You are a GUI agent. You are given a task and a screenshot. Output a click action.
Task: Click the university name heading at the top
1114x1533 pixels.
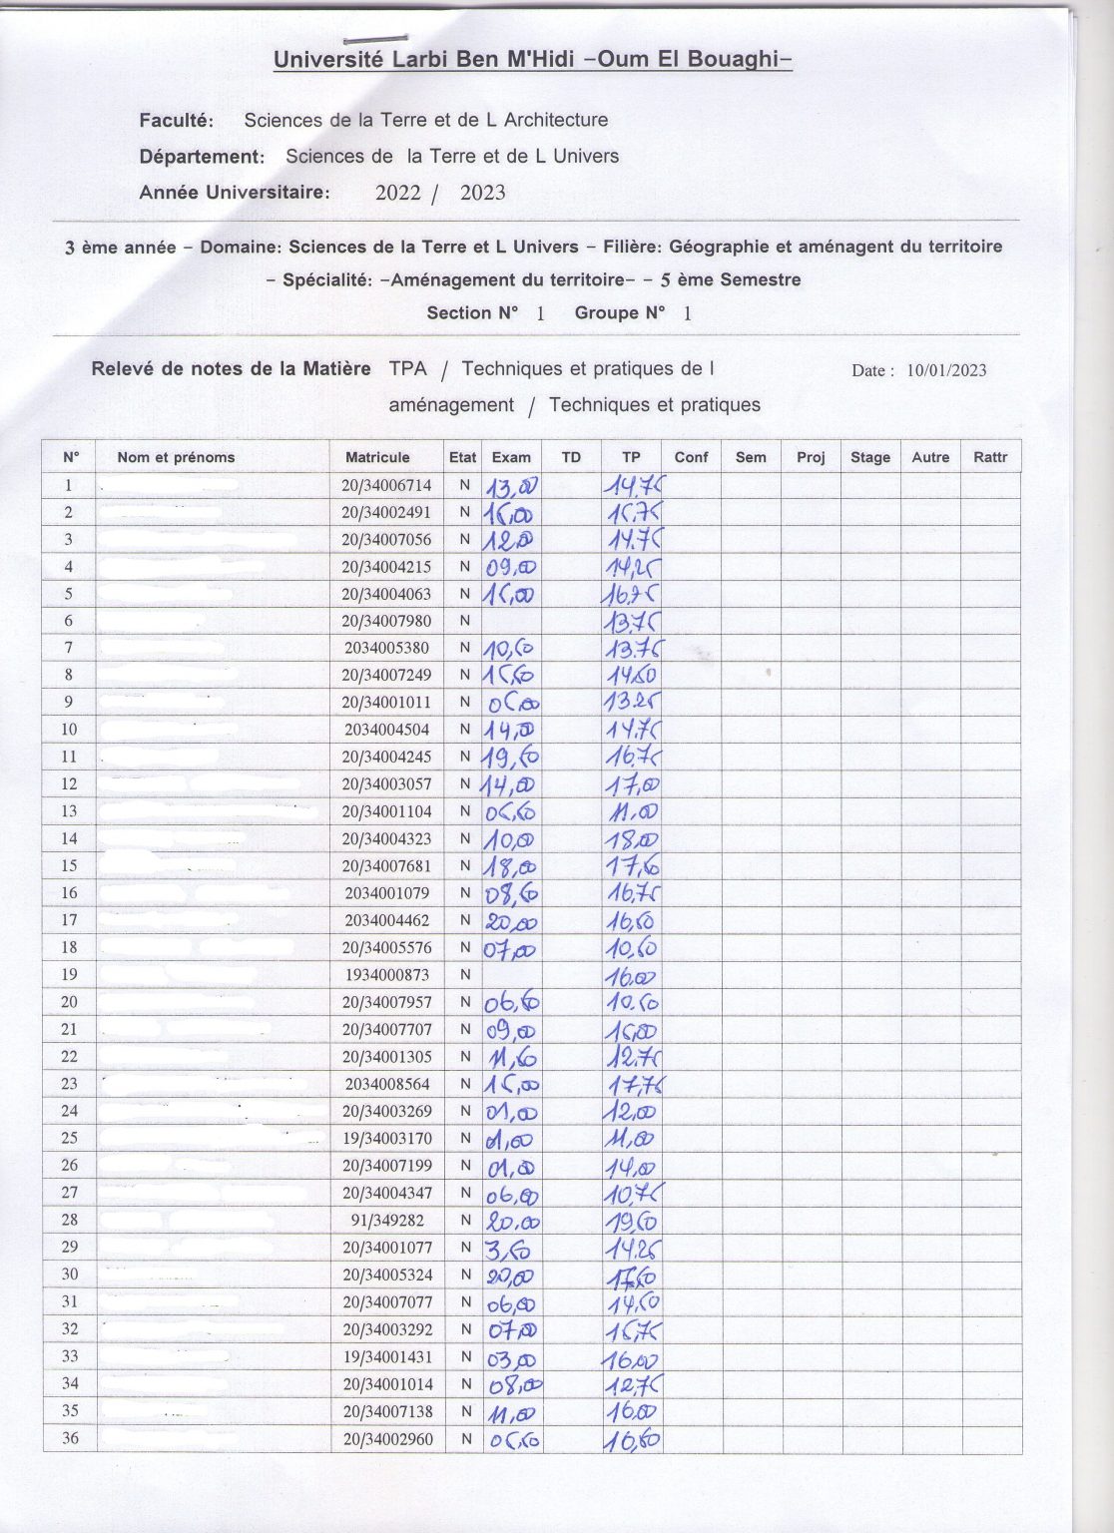pos(533,60)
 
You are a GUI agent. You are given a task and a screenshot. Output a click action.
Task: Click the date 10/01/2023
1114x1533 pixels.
pos(946,371)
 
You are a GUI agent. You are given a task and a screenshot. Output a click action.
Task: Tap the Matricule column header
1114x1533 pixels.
pos(377,458)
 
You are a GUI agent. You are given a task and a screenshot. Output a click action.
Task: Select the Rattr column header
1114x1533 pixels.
pos(990,458)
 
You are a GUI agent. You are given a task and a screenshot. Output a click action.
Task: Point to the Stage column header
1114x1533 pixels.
pos(869,458)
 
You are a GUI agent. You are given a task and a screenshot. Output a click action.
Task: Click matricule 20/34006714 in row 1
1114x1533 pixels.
pos(386,485)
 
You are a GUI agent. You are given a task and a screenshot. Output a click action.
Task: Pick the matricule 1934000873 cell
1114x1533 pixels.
pos(386,975)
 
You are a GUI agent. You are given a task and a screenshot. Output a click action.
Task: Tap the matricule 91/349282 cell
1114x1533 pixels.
pos(386,1221)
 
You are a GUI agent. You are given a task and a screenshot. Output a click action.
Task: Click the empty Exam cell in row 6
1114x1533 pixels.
pos(512,621)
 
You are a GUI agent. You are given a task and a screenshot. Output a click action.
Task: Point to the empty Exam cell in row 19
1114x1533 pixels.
pos(512,975)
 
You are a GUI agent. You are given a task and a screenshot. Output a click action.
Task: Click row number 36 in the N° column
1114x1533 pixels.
pos(69,1438)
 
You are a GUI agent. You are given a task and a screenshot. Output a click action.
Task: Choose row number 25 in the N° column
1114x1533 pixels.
pos(69,1139)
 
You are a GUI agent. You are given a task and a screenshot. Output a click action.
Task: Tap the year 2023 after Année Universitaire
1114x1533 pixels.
pos(482,194)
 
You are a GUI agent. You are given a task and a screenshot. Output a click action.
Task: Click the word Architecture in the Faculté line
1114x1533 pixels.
pos(556,121)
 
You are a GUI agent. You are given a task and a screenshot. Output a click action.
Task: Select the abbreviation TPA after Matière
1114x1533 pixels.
pos(407,369)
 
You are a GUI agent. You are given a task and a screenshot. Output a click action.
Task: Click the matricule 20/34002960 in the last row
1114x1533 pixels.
pos(386,1439)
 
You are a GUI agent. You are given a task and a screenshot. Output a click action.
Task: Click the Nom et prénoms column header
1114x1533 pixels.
pos(176,458)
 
